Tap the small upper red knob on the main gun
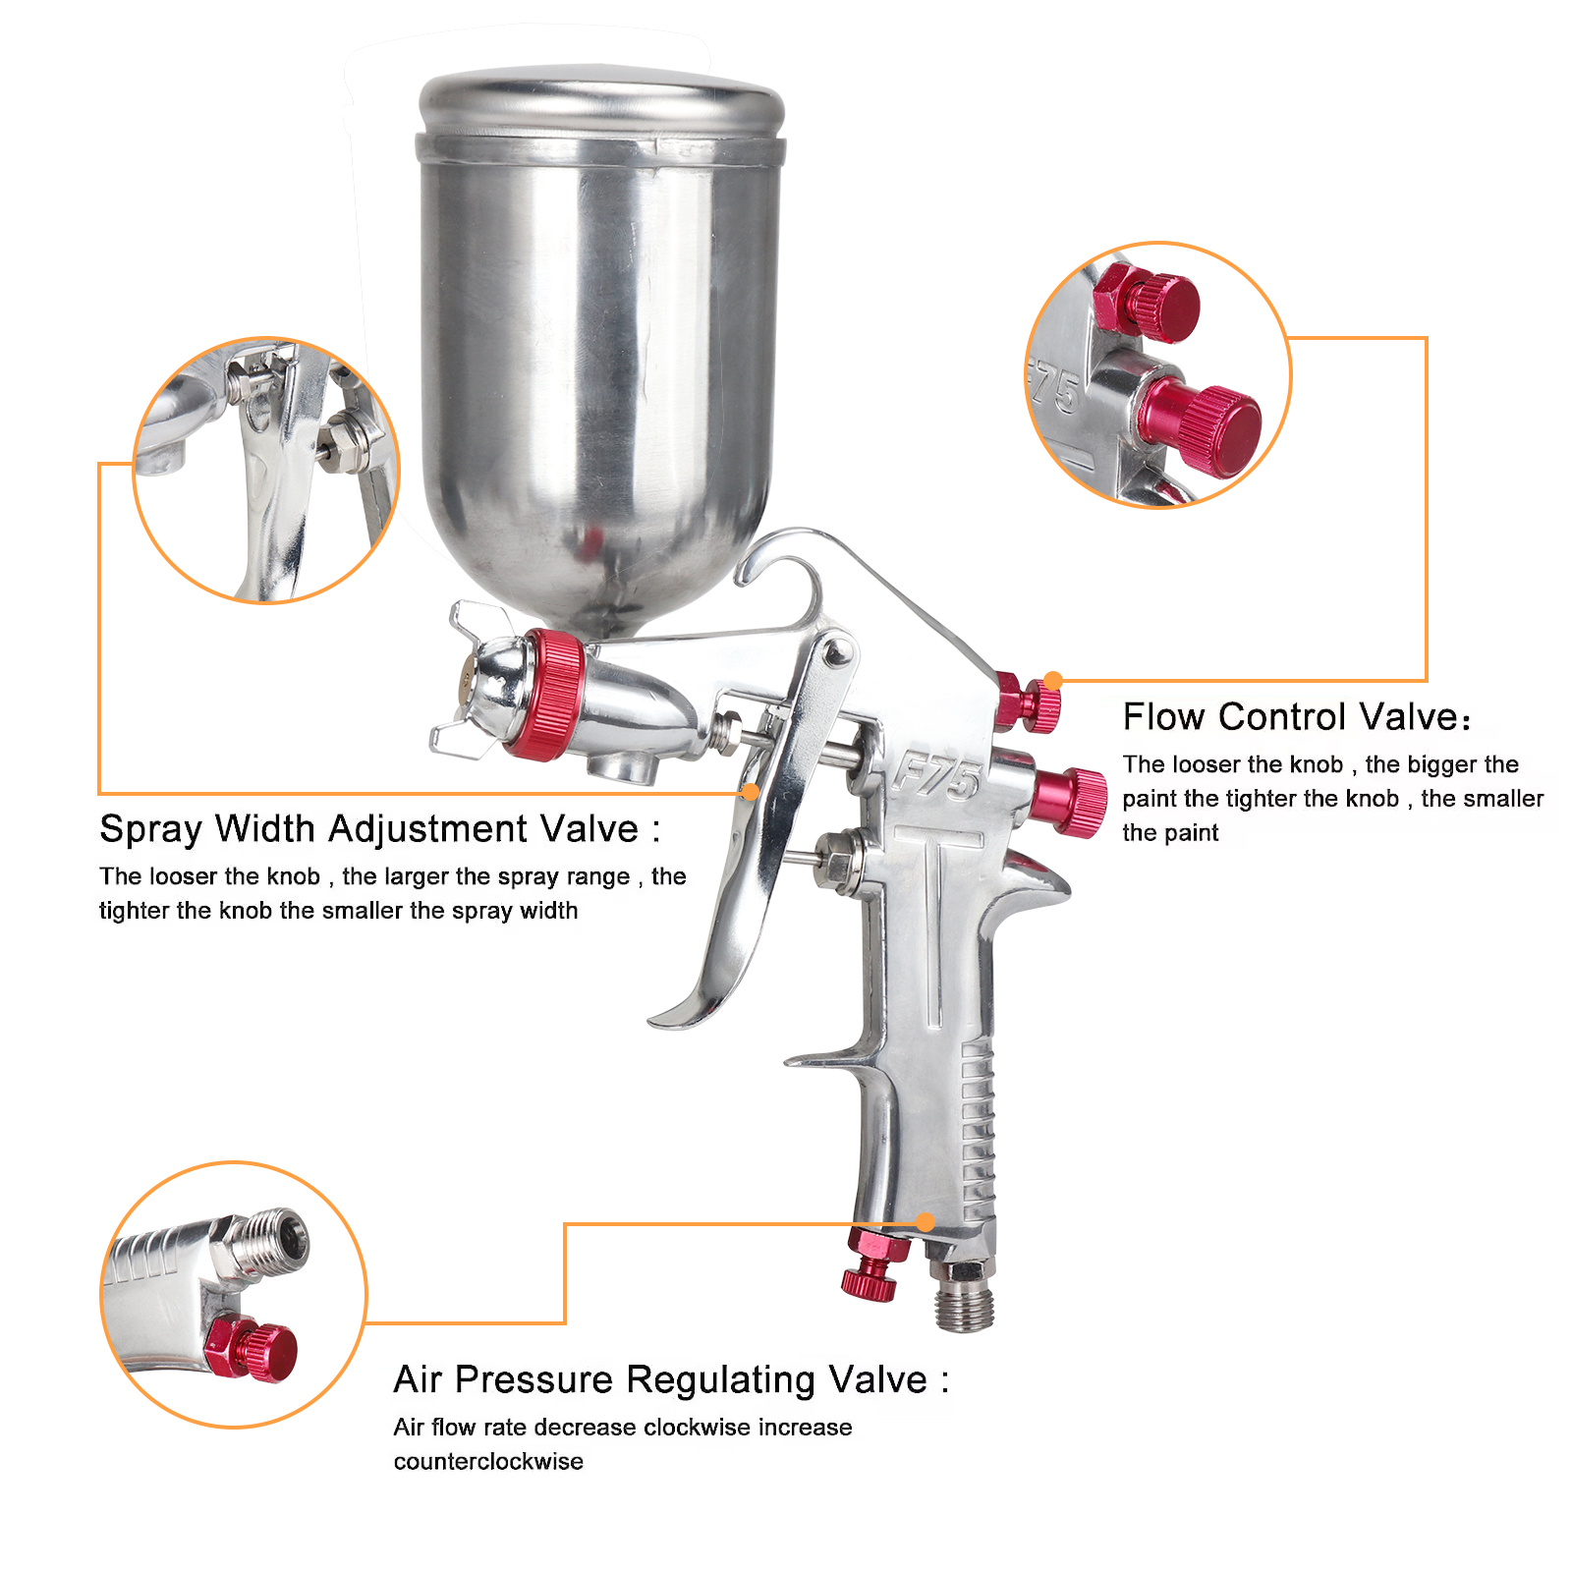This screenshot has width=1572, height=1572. point(1028,702)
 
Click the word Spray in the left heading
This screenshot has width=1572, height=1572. point(150,830)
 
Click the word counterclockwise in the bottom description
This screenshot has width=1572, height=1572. point(488,1462)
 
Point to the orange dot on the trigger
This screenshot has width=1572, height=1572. point(751,792)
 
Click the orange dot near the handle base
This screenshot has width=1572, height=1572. point(926,1222)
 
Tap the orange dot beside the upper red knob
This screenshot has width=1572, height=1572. point(1053,680)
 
